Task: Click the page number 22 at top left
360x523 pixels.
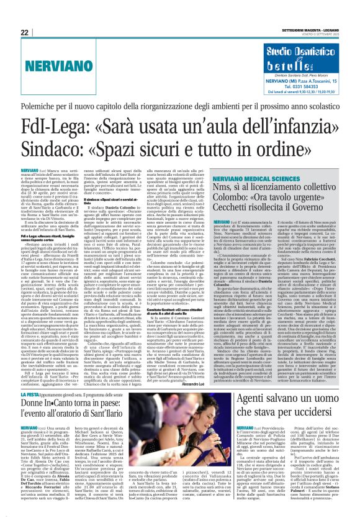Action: tap(25, 32)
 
